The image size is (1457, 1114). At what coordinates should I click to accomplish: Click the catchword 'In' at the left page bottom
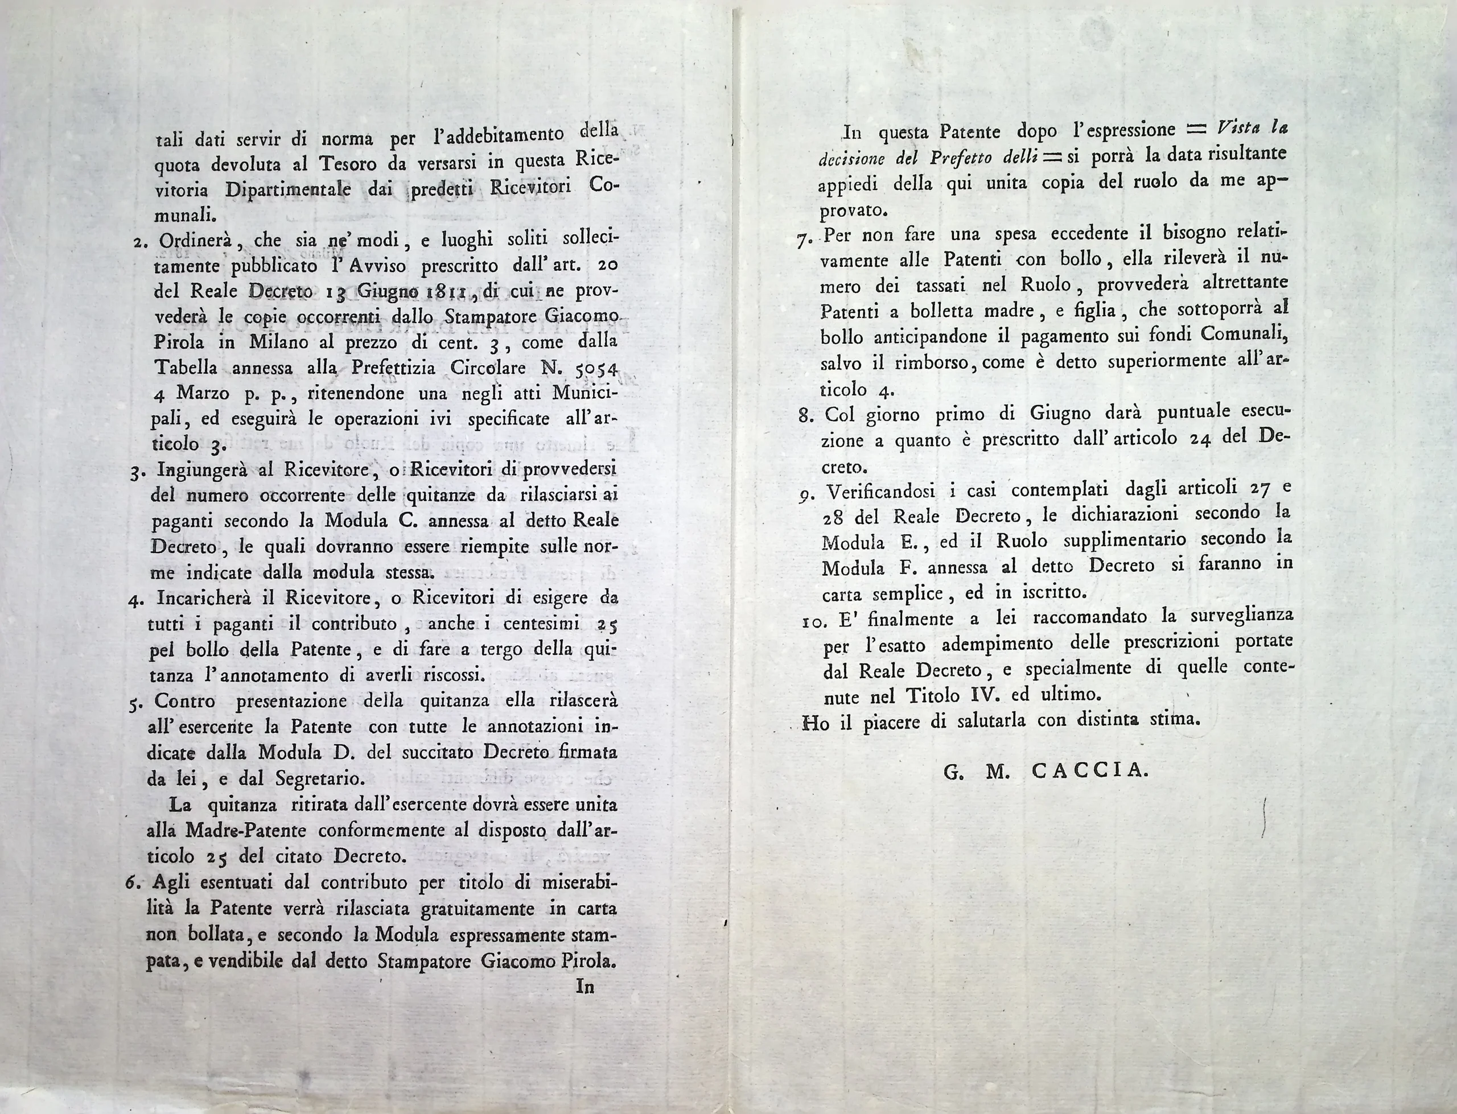coord(585,987)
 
